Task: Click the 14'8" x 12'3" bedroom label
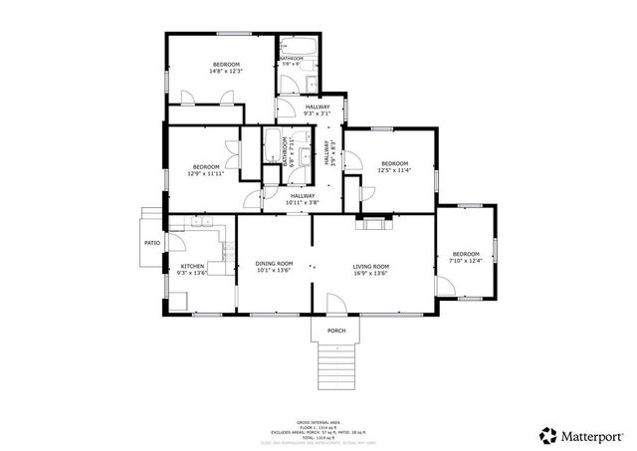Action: point(225,68)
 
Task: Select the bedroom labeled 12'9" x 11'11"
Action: point(206,170)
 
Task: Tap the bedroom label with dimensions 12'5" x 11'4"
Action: point(395,167)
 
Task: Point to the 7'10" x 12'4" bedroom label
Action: point(466,258)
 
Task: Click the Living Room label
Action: point(370,269)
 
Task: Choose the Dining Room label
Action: point(274,266)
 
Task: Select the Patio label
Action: point(152,242)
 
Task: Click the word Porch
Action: point(336,331)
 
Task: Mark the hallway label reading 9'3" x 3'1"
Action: point(318,110)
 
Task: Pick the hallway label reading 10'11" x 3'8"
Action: point(302,199)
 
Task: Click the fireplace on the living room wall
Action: point(374,223)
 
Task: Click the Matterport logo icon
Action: point(548,434)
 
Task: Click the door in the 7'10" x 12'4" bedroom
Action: point(444,288)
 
